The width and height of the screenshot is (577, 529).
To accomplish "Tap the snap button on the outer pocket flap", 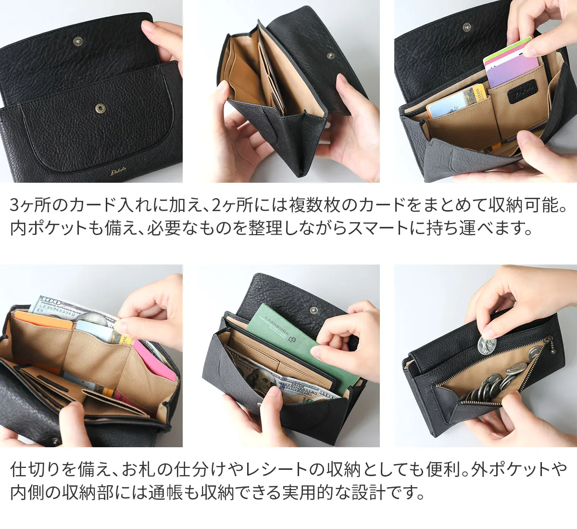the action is coord(100,109).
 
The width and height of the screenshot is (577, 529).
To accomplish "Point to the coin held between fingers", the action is coord(487,345).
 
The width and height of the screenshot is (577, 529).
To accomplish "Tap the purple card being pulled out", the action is coord(512,71).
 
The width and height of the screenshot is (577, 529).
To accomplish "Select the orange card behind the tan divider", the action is coord(43,320).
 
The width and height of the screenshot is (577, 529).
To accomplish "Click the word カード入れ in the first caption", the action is coord(100,205).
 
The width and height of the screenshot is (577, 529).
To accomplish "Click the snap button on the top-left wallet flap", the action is coord(78,41).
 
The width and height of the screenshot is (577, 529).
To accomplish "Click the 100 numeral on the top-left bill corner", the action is coord(51,302).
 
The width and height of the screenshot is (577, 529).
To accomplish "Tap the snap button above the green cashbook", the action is coord(314,310).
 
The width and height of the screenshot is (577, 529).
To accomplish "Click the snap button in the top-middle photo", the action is coord(330,56).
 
